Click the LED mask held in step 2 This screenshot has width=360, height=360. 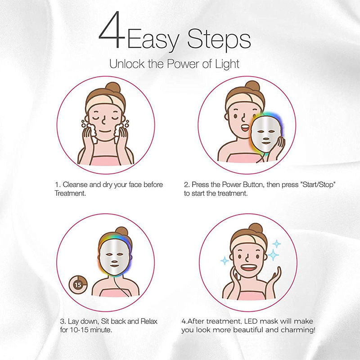point(264,133)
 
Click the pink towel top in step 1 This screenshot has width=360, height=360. point(106,159)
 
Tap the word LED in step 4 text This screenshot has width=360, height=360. point(252,322)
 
